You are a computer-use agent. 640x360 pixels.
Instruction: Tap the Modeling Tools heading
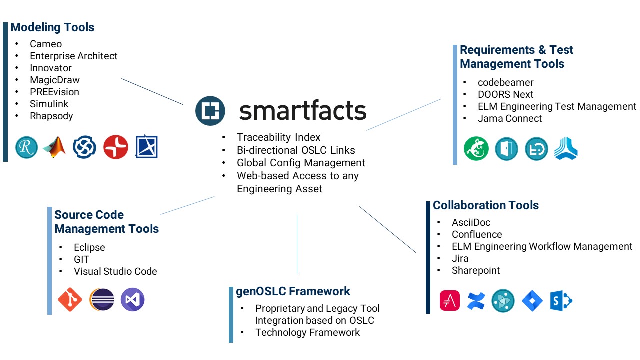click(52, 27)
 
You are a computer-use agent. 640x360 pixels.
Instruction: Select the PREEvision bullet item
click(54, 92)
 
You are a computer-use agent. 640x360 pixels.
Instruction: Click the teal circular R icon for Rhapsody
click(26, 147)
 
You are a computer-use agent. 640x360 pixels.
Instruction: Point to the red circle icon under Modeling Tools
click(116, 147)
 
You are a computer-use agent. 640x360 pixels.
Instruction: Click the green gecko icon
click(476, 149)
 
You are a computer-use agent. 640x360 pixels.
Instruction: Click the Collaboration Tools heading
click(486, 205)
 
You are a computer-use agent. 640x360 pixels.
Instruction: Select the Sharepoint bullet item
click(476, 270)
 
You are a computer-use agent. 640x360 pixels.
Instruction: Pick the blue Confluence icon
click(476, 301)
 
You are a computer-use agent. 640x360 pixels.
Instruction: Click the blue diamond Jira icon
click(532, 301)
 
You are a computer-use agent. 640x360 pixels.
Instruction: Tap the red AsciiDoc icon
click(450, 301)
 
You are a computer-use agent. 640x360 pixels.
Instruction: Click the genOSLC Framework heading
click(293, 291)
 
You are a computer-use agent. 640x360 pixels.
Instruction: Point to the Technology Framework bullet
click(307, 332)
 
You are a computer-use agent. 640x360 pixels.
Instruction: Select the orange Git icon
click(70, 300)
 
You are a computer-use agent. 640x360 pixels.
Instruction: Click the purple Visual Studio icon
click(132, 300)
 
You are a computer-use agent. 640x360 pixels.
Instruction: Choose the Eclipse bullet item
click(89, 247)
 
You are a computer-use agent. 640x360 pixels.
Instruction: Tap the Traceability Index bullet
click(278, 137)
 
